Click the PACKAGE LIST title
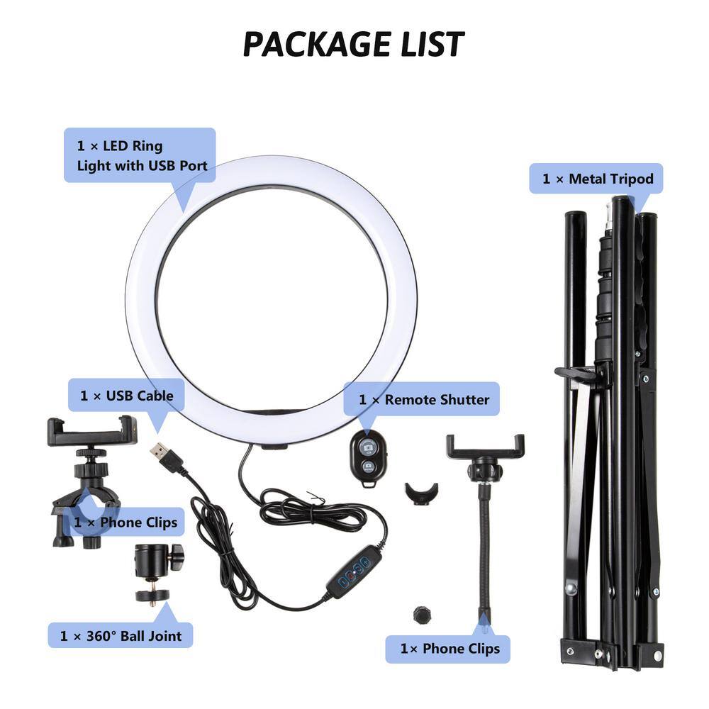click(354, 44)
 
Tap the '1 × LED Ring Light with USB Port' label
click(140, 155)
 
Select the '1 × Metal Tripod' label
click(596, 179)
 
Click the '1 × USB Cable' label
click(126, 396)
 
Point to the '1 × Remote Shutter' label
click(421, 399)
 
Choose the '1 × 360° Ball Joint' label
click(121, 635)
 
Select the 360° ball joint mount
click(158, 573)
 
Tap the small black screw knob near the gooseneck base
click(422, 615)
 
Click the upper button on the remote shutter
click(368, 447)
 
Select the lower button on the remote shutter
click(369, 467)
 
